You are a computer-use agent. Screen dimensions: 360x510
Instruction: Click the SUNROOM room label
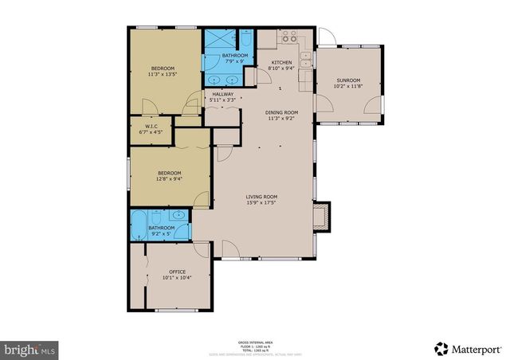click(x=348, y=80)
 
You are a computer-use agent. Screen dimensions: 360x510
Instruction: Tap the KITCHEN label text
click(x=281, y=62)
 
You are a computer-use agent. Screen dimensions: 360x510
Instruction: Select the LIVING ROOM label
click(x=260, y=197)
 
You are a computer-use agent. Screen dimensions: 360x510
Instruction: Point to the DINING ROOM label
click(x=281, y=112)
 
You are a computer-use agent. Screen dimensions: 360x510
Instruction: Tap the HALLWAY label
click(x=222, y=94)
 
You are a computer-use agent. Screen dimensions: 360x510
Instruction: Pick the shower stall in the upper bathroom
click(x=217, y=39)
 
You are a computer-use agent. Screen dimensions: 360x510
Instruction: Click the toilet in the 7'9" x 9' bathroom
click(x=245, y=40)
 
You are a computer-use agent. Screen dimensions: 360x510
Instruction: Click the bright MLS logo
click(x=30, y=349)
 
